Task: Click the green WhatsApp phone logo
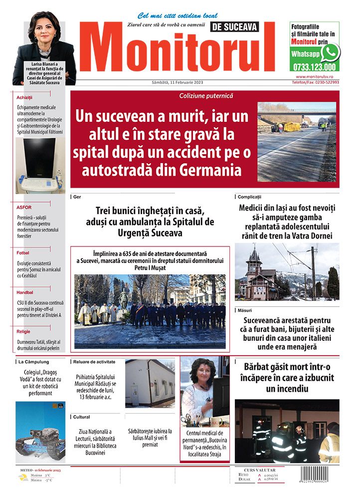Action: (x=330, y=52)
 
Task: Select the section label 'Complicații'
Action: (x=249, y=197)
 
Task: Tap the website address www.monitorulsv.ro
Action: (x=317, y=76)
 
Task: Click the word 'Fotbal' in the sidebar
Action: (x=22, y=253)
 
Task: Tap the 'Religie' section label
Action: (x=23, y=331)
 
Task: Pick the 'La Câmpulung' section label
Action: (x=34, y=361)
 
